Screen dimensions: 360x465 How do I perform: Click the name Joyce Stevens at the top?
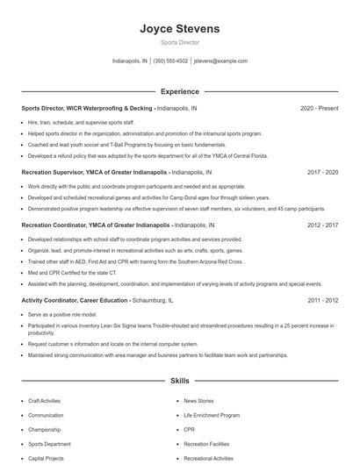point(179,29)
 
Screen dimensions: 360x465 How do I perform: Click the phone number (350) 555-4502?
point(170,61)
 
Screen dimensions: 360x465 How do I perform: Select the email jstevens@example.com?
point(220,61)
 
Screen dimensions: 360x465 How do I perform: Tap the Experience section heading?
point(179,91)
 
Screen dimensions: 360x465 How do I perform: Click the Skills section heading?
point(179,382)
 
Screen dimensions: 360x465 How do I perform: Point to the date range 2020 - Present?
point(319,109)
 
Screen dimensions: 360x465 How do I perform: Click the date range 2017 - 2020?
point(322,173)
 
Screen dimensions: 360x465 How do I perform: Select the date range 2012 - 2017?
point(322,225)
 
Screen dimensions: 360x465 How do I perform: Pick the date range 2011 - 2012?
point(322,300)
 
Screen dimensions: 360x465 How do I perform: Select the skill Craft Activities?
point(44,400)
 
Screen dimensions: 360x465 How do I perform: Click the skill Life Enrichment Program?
point(212,415)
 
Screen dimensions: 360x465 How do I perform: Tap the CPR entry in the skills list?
point(189,430)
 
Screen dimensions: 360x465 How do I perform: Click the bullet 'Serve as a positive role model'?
point(61,314)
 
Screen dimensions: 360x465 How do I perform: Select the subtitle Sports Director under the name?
point(179,42)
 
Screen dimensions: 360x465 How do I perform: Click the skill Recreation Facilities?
point(208,444)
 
